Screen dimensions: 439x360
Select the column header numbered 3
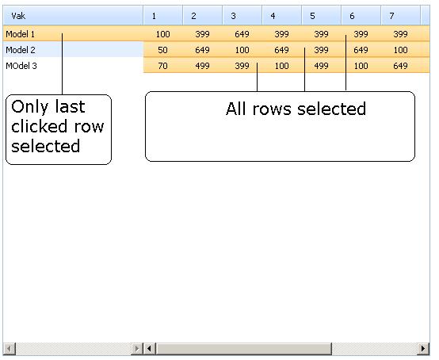tap(233, 16)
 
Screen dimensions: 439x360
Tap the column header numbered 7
tap(391, 16)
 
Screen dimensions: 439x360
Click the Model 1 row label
tap(20, 34)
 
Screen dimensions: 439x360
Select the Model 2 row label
tap(21, 50)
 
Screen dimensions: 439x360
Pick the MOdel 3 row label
tap(21, 66)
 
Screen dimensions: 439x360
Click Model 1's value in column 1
tap(162, 34)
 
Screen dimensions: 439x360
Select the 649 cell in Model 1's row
tap(242, 34)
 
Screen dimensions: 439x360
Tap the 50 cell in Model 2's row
tap(162, 50)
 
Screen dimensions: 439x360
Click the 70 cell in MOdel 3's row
tap(162, 66)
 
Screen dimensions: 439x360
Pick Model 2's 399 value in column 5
tap(321, 50)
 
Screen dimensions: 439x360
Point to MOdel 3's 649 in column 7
tap(400, 66)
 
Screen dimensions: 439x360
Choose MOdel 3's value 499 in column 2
tap(202, 66)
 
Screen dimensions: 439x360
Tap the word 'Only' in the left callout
tap(29, 108)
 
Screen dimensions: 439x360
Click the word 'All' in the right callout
tap(236, 109)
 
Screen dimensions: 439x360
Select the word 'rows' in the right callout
tap(272, 109)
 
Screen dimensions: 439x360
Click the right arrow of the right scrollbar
tap(423, 349)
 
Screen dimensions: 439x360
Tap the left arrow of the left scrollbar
tap(10, 349)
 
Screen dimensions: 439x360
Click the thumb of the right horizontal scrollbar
tap(244, 349)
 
